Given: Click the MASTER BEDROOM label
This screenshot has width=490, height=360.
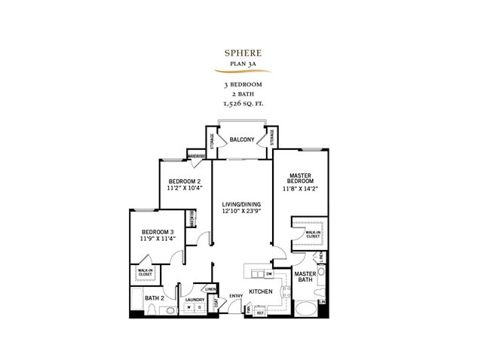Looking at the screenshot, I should (x=302, y=179).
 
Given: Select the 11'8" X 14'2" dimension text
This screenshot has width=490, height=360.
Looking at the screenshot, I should (x=302, y=190).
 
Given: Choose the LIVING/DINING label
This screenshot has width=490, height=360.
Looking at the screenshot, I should (x=242, y=204).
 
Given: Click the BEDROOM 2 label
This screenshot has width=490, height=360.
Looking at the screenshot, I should (x=184, y=182).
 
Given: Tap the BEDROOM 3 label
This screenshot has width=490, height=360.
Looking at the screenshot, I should (x=157, y=231).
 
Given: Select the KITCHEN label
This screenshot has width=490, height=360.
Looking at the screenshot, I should (x=261, y=291).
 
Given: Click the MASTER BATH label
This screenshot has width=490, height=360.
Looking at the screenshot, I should (x=305, y=278).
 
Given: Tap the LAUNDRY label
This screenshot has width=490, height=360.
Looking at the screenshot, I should (x=194, y=299).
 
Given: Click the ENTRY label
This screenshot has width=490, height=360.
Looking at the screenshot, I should (x=236, y=295).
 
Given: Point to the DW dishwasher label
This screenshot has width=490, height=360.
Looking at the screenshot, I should (x=258, y=273).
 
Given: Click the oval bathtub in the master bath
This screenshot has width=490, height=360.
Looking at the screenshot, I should (x=305, y=310).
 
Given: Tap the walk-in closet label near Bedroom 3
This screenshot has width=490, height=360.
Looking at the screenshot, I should (x=144, y=273).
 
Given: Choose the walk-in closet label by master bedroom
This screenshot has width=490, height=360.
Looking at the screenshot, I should (x=312, y=234).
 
